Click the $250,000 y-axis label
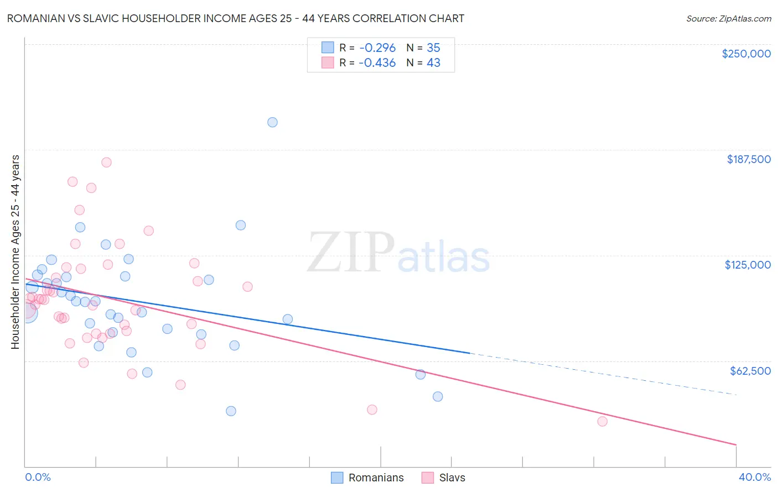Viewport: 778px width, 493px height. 746,54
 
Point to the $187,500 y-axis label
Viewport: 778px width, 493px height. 748,159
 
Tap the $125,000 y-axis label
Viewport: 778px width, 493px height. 748,265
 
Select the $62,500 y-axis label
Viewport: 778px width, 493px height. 750,371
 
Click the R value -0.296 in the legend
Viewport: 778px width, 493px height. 377,48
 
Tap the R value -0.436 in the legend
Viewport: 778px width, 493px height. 377,62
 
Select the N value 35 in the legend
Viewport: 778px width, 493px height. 433,48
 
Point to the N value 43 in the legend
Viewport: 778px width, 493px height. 433,62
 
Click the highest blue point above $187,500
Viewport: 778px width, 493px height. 272,122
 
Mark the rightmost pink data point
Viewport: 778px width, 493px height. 603,421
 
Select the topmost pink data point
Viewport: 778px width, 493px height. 106,162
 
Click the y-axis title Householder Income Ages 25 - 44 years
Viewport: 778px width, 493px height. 15,252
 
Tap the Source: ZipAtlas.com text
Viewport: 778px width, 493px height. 728,19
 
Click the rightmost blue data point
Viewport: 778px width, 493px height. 438,396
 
